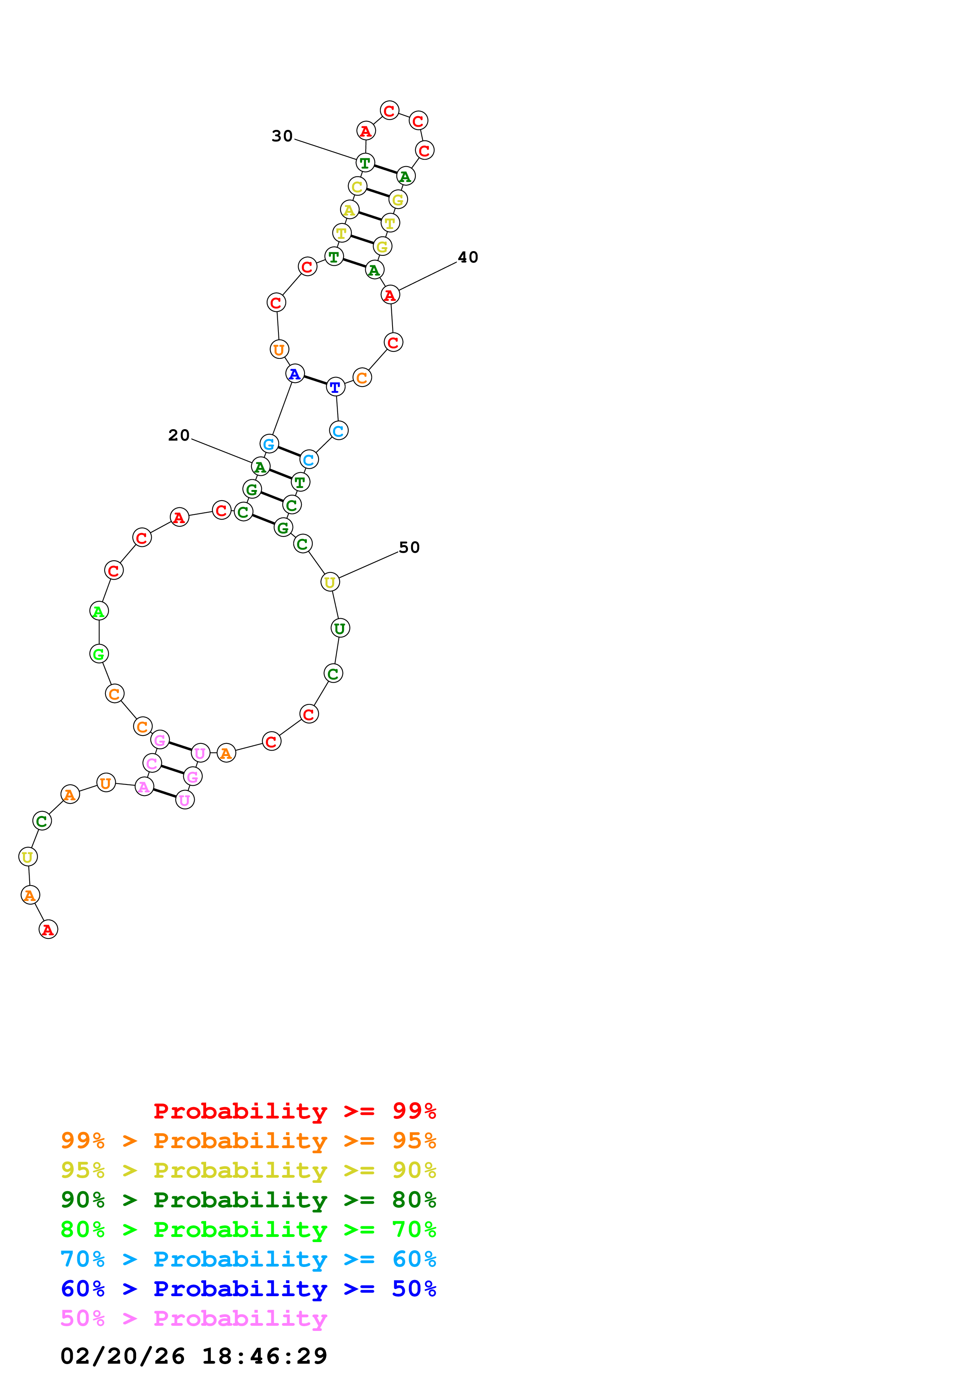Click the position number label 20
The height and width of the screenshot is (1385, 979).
pos(179,435)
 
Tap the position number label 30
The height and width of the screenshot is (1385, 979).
pos(282,136)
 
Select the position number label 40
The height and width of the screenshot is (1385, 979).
pos(468,257)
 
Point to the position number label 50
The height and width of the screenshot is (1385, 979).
pos(409,548)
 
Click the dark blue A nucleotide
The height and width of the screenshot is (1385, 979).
pos(294,374)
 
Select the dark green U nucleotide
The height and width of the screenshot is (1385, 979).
pos(340,629)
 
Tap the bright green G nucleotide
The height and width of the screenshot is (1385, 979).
pos(99,654)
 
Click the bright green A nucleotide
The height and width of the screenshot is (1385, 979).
pos(99,612)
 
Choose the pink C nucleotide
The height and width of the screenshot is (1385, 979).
pos(152,764)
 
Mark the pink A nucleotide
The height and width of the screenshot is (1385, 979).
pos(144,787)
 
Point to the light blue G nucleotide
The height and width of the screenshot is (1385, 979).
pos(269,445)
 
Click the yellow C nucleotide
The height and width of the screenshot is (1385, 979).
pos(357,187)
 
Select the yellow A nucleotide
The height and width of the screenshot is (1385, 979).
pos(349,210)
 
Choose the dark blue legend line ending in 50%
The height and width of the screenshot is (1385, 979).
pos(248,1289)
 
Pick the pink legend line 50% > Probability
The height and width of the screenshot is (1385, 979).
pos(194,1319)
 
